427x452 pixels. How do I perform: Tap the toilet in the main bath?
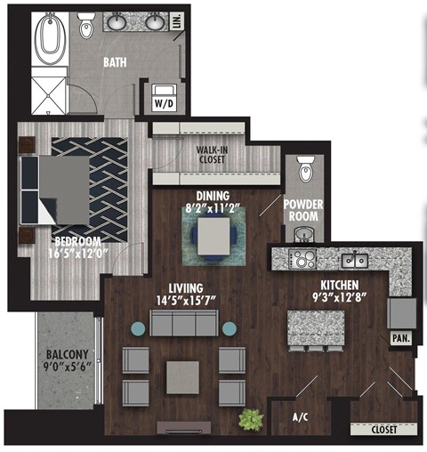click(86, 28)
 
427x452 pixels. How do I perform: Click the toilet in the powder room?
click(304, 167)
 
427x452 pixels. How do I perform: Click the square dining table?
click(213, 235)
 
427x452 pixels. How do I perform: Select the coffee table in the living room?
click(183, 376)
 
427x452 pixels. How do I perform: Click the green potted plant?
click(252, 417)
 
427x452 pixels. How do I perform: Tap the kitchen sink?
click(356, 260)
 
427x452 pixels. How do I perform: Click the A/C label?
click(302, 416)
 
